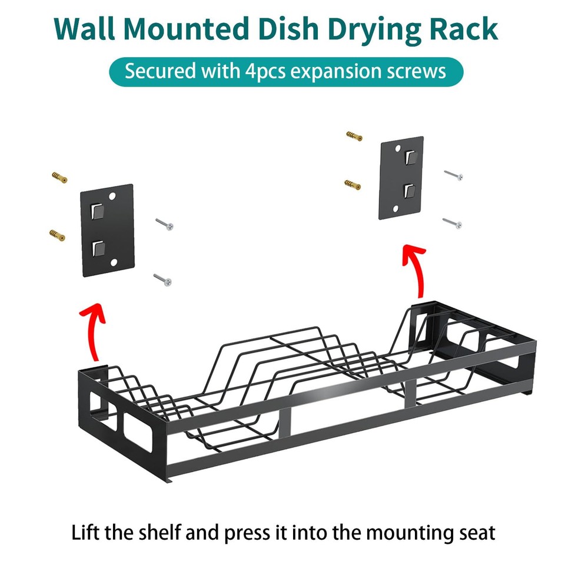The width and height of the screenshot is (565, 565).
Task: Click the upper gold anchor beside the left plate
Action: [x=59, y=177]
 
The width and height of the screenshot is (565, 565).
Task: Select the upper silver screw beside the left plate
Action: [x=164, y=224]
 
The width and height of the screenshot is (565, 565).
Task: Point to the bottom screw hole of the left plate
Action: [x=114, y=261]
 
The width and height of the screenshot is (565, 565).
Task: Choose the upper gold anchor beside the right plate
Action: [x=354, y=137]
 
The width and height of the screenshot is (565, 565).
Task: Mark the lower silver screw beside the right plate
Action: [x=453, y=222]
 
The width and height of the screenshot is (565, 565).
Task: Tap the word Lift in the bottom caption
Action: [x=86, y=533]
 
